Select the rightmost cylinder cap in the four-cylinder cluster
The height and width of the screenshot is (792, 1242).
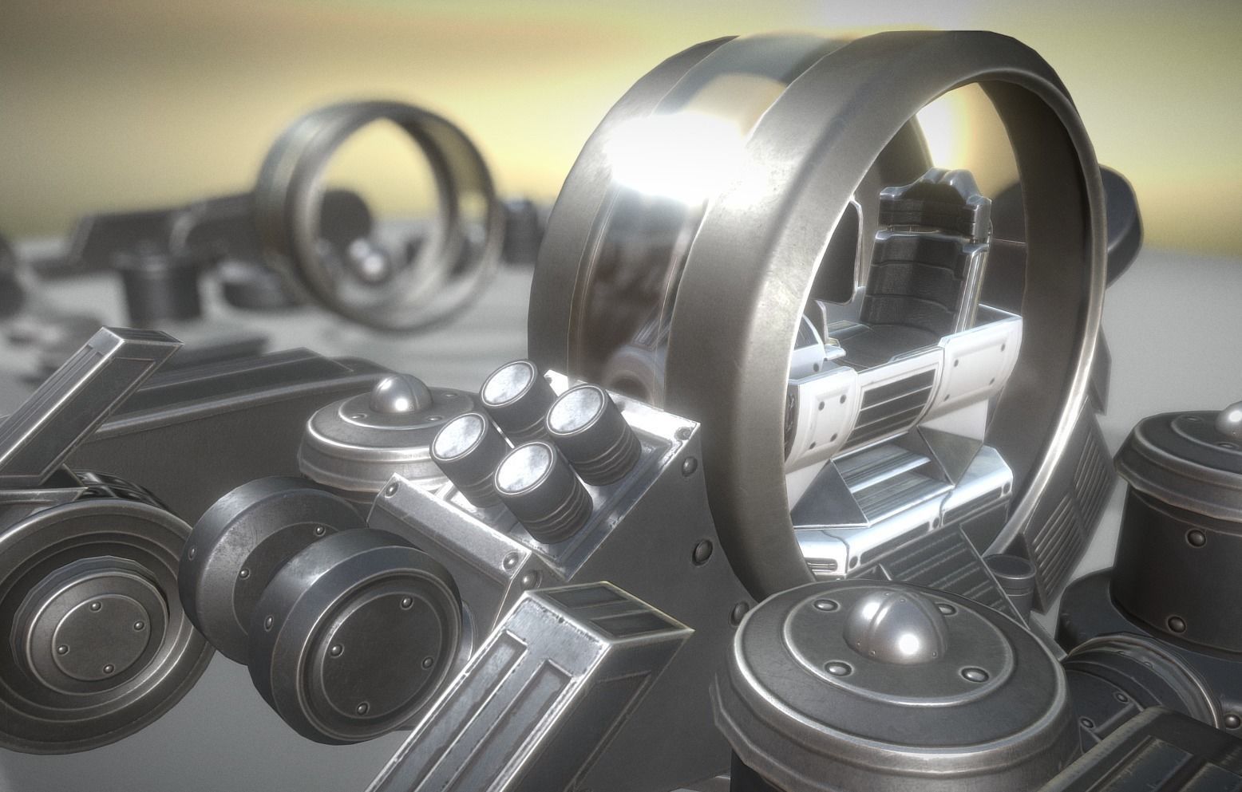pos(573,412)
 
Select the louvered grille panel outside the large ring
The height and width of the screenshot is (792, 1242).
pos(1070,495)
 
